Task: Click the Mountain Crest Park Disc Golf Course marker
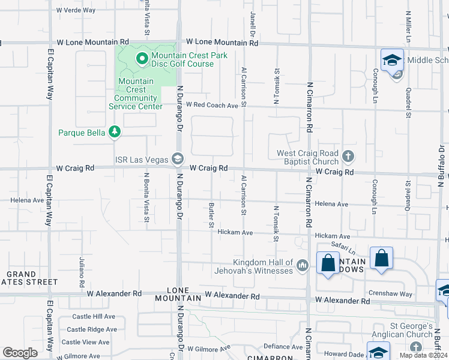coord(142,59)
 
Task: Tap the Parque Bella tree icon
coord(115,133)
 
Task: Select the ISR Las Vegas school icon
coord(177,159)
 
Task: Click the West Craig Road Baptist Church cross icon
coord(348,157)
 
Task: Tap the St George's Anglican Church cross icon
coord(416,347)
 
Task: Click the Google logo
coord(20,353)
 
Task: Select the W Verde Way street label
coord(76,10)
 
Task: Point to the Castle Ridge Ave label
coord(92,329)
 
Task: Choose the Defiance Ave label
coord(283,347)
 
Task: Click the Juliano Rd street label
coord(82,272)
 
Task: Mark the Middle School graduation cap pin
coord(393,61)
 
